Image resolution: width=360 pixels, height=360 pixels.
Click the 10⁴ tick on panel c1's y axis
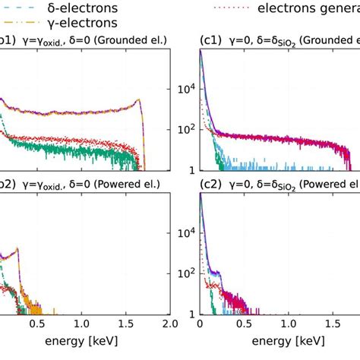click(x=185, y=88)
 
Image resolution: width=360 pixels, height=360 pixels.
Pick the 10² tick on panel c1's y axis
click(x=185, y=129)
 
